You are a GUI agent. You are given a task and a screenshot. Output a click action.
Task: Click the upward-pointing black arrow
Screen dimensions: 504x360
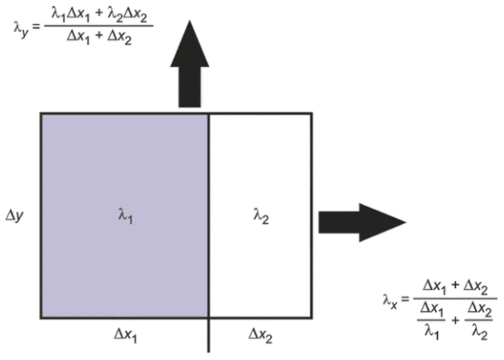tap(190, 64)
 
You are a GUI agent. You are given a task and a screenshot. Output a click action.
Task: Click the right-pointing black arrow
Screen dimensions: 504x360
tap(362, 222)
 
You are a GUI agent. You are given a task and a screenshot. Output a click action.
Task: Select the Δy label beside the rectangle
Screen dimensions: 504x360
tap(15, 216)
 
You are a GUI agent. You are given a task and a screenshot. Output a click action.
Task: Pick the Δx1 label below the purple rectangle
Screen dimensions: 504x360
tap(126, 335)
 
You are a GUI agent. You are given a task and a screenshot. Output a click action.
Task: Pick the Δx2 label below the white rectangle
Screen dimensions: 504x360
tap(261, 335)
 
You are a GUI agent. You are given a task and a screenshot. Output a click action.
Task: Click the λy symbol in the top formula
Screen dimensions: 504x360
tap(21, 28)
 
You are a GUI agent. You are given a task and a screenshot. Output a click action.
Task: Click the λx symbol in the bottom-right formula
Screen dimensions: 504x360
tap(390, 301)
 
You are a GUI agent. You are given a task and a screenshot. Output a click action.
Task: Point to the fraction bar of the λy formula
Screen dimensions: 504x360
tap(98, 26)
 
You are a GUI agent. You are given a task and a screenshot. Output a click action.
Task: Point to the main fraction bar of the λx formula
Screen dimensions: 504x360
tap(455, 298)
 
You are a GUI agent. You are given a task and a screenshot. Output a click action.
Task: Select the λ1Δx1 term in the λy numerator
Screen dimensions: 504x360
tap(70, 16)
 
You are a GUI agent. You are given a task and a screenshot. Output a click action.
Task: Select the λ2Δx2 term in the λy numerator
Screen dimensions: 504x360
tap(127, 16)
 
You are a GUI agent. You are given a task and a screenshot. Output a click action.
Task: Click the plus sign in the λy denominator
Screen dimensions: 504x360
tap(98, 36)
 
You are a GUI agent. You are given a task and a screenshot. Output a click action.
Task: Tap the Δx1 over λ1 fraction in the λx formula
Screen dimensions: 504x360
tap(431, 320)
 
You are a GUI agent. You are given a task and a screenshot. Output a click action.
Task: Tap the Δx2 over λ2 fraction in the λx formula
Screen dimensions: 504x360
tap(479, 320)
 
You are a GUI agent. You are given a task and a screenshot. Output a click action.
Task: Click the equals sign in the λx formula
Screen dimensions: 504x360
tap(405, 299)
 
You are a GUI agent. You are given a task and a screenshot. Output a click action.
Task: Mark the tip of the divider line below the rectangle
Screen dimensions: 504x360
tap(208, 353)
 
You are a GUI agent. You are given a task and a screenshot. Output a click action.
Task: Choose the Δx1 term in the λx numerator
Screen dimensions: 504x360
tap(435, 287)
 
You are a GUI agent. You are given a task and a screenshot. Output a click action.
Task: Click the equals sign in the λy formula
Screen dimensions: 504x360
tap(36, 26)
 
